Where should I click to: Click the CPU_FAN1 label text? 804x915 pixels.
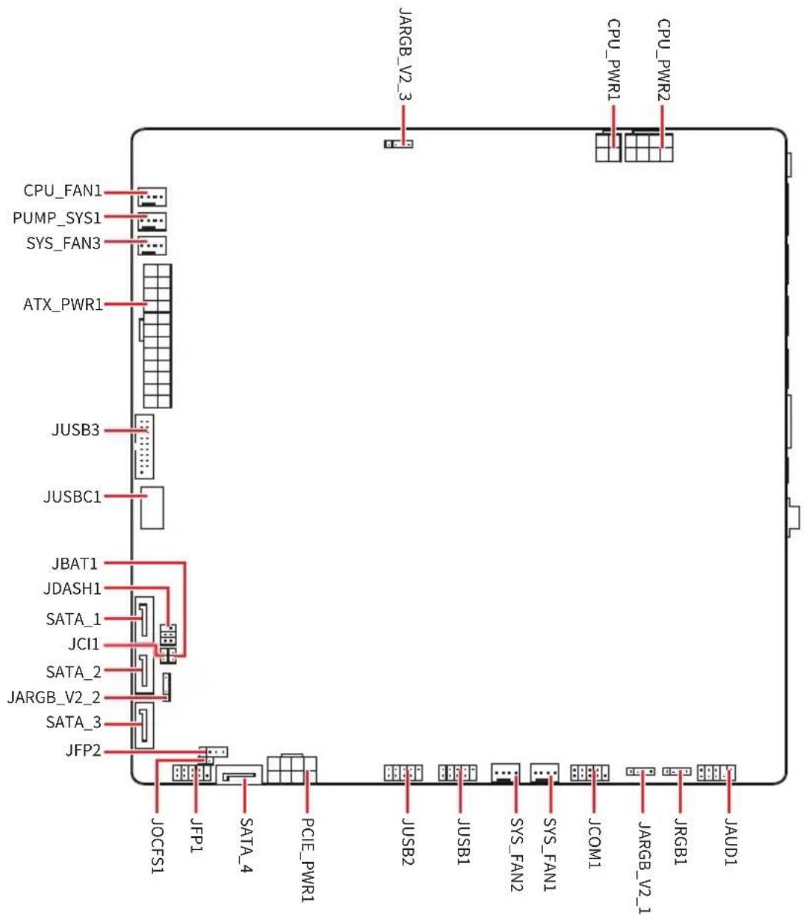point(62,191)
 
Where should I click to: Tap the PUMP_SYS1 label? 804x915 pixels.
point(56,218)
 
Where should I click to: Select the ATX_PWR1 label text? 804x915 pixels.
point(63,305)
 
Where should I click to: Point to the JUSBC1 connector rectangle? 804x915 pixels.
point(152,507)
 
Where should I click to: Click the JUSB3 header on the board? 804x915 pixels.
point(144,446)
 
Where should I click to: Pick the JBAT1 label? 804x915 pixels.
point(75,564)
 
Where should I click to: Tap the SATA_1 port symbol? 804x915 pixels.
point(144,622)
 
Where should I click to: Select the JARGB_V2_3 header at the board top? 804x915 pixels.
point(399,144)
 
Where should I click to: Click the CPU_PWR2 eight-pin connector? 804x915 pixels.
point(649,147)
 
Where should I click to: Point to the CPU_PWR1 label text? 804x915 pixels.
point(613,59)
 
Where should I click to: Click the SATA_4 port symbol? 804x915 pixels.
point(240,775)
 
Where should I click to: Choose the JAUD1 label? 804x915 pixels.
point(730,841)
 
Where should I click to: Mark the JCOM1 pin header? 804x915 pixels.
point(590,773)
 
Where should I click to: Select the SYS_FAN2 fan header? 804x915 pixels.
point(505,773)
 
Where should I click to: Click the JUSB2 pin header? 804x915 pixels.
point(403,773)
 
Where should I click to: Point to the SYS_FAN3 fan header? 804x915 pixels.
point(152,246)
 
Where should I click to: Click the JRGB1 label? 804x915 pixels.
point(680,841)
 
